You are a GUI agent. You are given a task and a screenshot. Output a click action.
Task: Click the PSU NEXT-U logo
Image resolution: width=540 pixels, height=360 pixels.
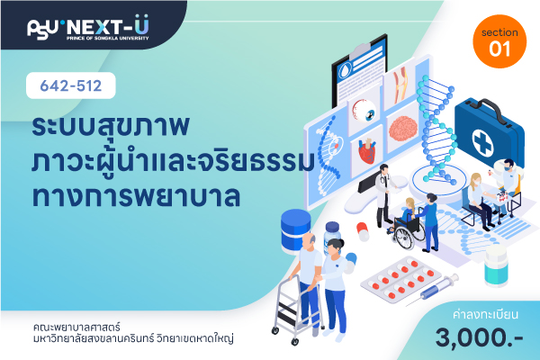(88, 28)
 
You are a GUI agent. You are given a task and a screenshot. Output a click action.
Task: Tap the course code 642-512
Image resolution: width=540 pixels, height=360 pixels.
(71, 85)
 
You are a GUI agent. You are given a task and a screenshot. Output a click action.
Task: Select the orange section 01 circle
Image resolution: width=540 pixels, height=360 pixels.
(499, 41)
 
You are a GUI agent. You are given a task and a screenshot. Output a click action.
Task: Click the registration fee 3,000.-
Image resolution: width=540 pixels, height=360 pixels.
(479, 337)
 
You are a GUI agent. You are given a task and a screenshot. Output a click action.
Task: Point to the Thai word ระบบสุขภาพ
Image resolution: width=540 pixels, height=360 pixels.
(111, 126)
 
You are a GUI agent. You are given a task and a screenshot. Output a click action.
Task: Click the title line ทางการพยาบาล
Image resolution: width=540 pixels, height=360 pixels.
(136, 196)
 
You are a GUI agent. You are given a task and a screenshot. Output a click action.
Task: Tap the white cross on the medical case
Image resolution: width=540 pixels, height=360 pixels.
(482, 143)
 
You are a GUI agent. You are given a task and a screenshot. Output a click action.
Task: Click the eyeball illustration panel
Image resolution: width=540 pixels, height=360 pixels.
(364, 112)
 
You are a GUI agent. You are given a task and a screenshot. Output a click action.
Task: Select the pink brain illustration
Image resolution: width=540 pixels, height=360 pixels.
(403, 128)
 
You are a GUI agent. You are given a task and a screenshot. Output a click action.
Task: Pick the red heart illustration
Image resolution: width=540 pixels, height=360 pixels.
(367, 151)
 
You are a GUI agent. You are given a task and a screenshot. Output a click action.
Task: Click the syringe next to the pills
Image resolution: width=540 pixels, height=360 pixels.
(433, 290)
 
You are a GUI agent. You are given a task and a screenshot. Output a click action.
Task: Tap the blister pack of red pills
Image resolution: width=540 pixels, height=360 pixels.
(400, 279)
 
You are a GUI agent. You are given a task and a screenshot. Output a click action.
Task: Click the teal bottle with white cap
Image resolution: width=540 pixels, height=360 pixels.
(496, 266)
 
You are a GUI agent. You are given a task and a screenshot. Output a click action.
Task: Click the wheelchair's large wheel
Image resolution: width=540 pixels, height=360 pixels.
(405, 235)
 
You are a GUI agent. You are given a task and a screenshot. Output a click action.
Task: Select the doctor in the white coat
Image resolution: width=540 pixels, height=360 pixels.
(383, 195)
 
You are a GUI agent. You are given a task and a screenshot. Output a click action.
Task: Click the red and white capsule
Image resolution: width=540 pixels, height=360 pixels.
(363, 231)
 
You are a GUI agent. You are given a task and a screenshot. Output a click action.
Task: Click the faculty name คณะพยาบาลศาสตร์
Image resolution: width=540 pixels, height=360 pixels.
(76, 326)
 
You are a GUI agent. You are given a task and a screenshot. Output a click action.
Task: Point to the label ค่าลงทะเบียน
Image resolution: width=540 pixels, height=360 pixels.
(485, 314)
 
